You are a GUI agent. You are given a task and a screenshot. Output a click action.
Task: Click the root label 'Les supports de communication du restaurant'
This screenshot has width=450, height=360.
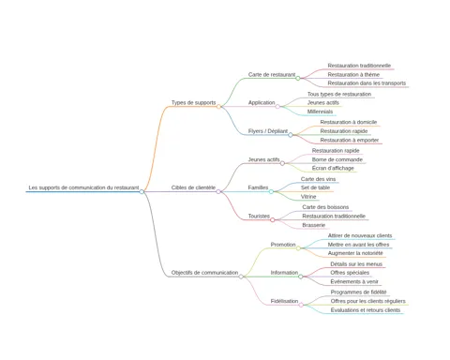pos(83,187)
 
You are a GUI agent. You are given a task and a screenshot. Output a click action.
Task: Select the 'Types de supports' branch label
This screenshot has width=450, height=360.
pos(193,102)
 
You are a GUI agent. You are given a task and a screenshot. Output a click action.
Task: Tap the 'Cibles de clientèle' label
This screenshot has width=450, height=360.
pos(193,187)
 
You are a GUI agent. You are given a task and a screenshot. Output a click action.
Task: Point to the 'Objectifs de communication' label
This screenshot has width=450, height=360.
pos(204,273)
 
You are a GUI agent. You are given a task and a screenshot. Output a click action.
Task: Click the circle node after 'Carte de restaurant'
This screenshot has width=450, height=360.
pos(298,78)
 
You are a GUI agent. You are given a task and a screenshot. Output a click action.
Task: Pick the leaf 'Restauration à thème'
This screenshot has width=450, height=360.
pos(353,74)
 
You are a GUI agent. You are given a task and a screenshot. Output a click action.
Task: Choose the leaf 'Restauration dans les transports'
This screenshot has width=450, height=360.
pos(367,83)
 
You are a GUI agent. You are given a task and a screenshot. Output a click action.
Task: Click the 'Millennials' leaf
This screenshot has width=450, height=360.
pos(320,112)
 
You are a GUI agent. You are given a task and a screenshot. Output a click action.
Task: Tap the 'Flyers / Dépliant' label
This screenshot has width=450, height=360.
pos(268,131)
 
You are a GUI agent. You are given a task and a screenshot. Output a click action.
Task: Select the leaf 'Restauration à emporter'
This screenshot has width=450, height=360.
pos(350,140)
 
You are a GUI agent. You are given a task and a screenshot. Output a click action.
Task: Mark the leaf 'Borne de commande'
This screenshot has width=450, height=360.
pos(337,159)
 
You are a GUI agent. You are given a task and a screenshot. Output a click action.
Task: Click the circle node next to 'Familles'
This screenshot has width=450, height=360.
pos(271,191)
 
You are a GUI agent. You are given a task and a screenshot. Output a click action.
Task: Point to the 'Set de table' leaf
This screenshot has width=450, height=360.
pos(315,187)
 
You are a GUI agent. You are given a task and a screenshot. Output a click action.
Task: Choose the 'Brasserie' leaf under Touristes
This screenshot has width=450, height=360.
pos(314,225)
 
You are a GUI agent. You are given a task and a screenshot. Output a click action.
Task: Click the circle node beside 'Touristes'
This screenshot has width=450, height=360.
pos(273,220)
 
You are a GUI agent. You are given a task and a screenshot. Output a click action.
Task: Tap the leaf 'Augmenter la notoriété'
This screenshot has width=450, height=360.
pos(355,253)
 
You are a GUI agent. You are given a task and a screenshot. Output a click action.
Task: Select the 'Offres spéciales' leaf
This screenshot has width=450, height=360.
pos(350,273)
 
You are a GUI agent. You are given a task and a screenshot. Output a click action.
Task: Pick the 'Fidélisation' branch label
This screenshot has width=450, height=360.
pos(284,301)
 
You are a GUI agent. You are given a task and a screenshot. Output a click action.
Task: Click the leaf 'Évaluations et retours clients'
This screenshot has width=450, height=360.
pos(366,310)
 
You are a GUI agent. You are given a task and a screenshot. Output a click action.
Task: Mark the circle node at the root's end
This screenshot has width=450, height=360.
pos(142,191)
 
